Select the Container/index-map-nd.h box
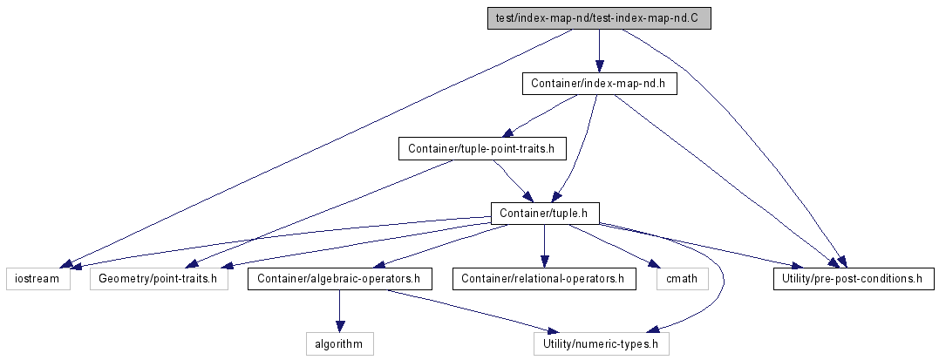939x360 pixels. [598, 84]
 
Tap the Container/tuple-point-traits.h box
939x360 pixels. [482, 148]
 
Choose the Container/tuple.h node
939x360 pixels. [545, 213]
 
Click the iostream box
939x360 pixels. [38, 279]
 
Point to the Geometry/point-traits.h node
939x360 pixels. [158, 279]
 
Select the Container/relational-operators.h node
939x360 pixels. [543, 279]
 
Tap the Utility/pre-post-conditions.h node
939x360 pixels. [854, 279]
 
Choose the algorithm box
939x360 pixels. [339, 343]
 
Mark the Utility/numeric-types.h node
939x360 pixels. [602, 343]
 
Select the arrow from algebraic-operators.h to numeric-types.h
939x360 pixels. [471, 311]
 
